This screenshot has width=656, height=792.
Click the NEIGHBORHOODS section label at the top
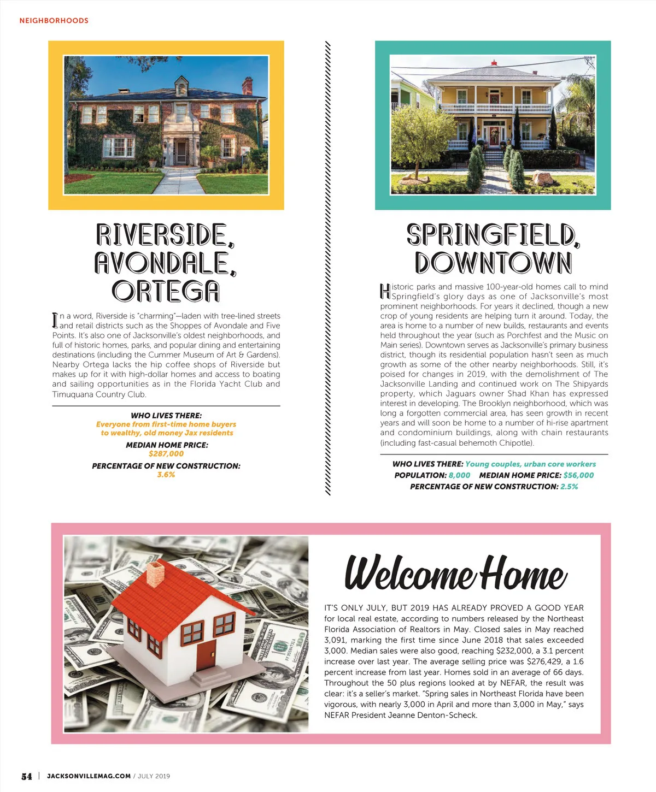(x=54, y=21)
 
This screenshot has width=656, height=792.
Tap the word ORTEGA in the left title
(x=166, y=291)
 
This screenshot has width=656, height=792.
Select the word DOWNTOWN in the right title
(x=493, y=263)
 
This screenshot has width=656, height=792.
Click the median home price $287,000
(x=166, y=454)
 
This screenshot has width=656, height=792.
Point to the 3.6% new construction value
(x=166, y=475)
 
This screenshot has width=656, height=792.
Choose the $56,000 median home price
(x=578, y=475)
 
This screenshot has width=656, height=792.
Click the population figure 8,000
(x=459, y=475)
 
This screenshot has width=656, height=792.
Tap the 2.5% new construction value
(x=569, y=487)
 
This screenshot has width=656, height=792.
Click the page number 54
(x=26, y=776)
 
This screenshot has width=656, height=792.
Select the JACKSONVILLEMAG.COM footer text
(x=89, y=776)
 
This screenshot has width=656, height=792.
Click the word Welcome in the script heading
(x=409, y=573)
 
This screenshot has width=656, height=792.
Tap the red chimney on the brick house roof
(x=248, y=86)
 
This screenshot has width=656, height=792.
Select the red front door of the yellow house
(x=494, y=136)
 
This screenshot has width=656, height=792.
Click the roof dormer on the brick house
(x=181, y=85)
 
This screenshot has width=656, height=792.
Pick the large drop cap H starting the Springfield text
(x=385, y=291)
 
